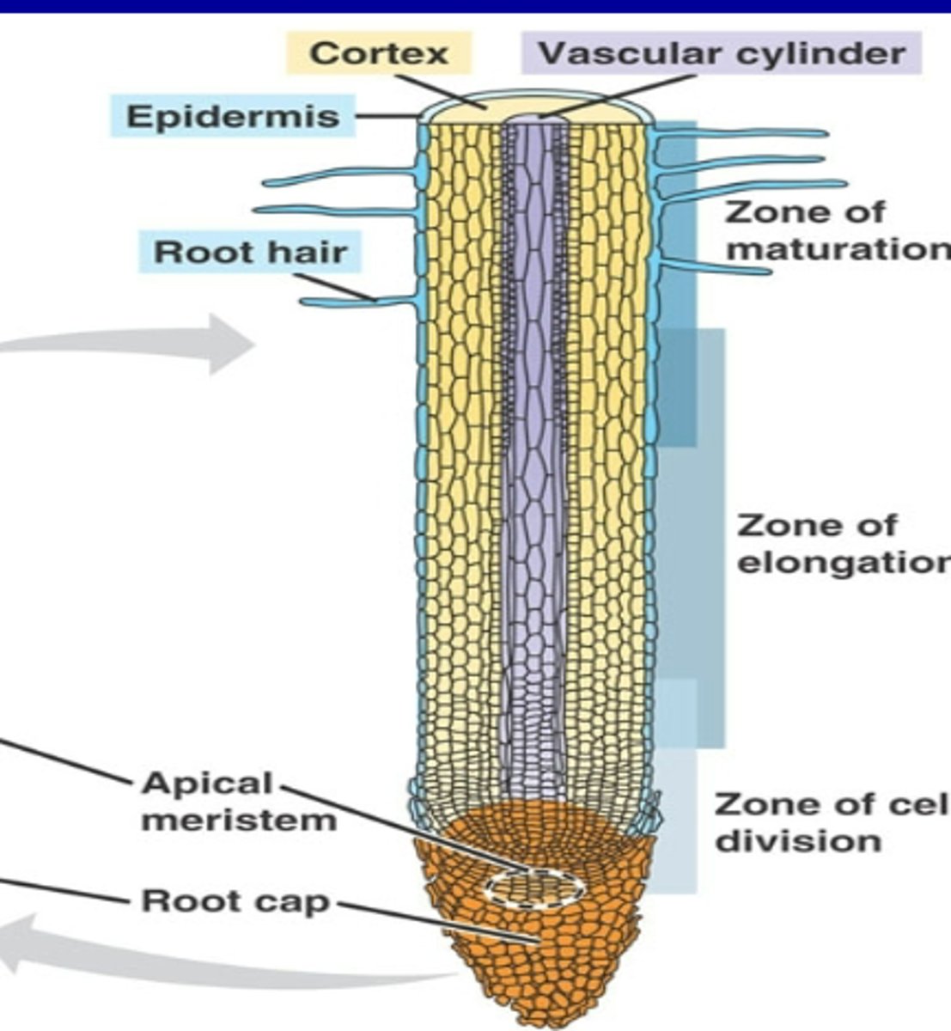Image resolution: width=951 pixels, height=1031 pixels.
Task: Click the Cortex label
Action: (x=379, y=53)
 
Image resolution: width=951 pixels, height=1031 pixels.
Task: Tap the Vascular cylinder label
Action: (x=721, y=53)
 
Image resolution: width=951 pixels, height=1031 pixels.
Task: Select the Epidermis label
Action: (x=233, y=116)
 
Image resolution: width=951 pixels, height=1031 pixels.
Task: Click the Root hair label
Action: (x=250, y=253)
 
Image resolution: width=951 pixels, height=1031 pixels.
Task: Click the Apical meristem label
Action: (x=239, y=801)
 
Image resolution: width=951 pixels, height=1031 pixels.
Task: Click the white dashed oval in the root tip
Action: (x=534, y=888)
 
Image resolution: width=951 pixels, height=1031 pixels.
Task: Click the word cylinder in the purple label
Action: (x=818, y=53)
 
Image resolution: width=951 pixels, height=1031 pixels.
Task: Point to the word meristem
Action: (x=239, y=821)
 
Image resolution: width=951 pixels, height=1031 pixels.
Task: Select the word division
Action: (x=798, y=840)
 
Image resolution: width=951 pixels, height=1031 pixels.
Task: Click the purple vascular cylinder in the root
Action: (x=534, y=430)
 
